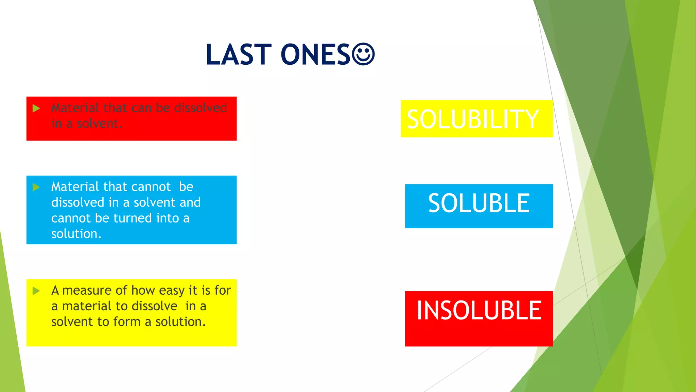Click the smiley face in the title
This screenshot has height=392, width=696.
pyautogui.click(x=363, y=54)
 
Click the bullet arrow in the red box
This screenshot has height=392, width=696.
pyautogui.click(x=36, y=109)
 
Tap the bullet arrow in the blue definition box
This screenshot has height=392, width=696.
pyautogui.click(x=36, y=187)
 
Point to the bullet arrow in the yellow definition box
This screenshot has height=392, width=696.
pyautogui.click(x=36, y=291)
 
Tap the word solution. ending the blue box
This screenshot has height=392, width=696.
pyautogui.click(x=76, y=234)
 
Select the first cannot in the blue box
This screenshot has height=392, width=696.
pyautogui.click(x=151, y=187)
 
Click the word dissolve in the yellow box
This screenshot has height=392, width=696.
pyautogui.click(x=154, y=306)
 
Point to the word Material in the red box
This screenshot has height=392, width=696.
pyautogui.click(x=75, y=108)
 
